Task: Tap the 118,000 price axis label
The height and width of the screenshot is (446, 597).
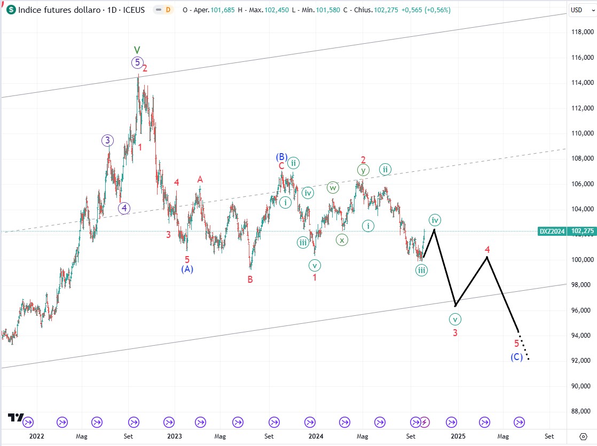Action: point(582,32)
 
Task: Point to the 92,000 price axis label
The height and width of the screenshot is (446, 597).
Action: point(582,361)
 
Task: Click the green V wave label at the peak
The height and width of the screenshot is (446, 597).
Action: point(137,50)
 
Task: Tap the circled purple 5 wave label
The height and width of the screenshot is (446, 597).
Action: point(137,62)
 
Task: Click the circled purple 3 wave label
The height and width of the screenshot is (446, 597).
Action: point(107,141)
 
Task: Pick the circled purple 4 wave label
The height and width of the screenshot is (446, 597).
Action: point(124,208)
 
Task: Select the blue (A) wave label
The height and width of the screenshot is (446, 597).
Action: point(187,269)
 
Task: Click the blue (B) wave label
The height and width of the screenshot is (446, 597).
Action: point(281,157)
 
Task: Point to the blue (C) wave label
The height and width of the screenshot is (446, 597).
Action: point(516,357)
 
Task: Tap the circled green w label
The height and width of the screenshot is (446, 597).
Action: point(333,187)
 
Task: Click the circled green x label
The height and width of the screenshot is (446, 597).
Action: point(341,240)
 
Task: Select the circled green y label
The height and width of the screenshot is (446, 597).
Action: point(363,170)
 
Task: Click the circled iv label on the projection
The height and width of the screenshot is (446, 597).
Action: point(435,220)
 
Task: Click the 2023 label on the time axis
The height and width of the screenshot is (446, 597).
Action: point(175,436)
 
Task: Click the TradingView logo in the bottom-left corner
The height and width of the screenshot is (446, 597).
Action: point(15,418)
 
